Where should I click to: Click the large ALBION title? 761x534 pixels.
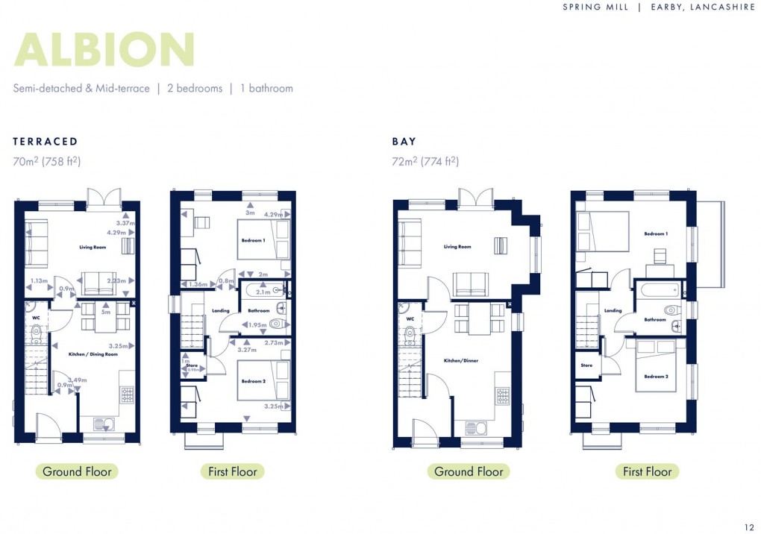tap(104, 50)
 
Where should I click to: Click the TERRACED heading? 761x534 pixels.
tap(46, 141)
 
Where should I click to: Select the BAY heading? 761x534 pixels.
tap(404, 141)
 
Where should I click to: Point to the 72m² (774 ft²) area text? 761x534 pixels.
tap(425, 161)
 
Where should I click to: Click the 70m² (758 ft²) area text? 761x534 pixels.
tap(46, 161)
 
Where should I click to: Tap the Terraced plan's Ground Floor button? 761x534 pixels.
tap(77, 471)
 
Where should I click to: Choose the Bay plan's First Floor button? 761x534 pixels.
tap(647, 471)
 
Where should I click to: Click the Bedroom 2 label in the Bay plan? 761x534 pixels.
tap(656, 377)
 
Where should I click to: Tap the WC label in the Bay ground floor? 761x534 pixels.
tap(410, 319)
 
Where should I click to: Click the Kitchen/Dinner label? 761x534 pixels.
tap(460, 361)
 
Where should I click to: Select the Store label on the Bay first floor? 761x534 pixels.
tap(586, 365)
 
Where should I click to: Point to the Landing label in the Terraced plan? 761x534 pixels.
tap(221, 311)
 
